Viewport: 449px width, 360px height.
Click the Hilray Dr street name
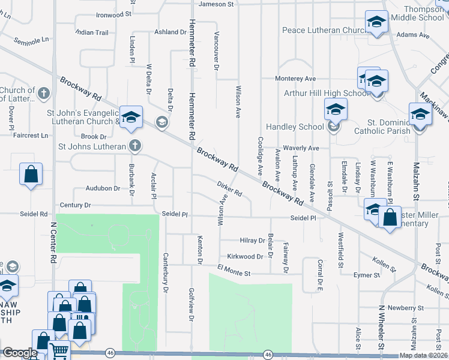tap(253, 240)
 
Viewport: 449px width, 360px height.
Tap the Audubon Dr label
tap(103, 188)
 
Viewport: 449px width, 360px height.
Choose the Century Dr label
tap(75, 205)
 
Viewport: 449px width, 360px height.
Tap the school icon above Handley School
tap(336, 109)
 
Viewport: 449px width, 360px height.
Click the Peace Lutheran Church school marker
tap(376, 22)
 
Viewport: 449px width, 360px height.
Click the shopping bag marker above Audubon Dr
tap(31, 175)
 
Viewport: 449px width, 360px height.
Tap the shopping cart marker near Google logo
tap(59, 350)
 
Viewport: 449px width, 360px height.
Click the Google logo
tap(20, 353)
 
